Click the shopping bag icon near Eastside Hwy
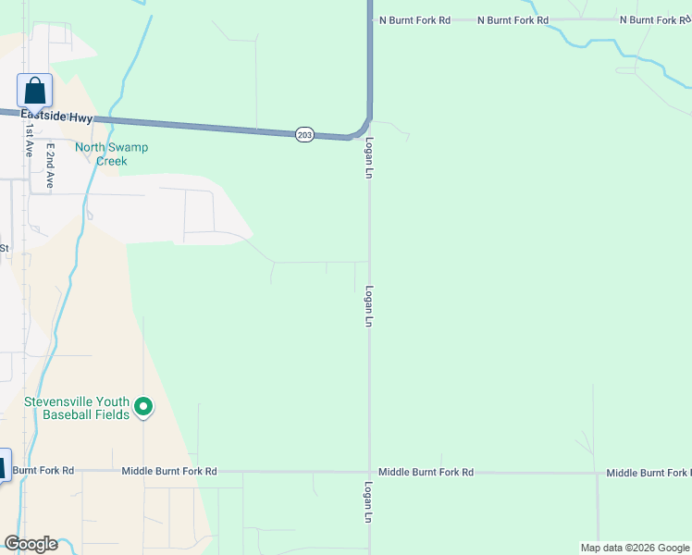coord(34,91)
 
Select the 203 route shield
coord(305,135)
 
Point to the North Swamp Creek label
coord(112,154)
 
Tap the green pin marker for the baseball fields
coord(143,406)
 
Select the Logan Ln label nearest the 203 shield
coord(369,159)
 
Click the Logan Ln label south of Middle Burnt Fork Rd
coord(368,503)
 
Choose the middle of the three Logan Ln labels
coord(368,306)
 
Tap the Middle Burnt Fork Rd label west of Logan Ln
coord(169,472)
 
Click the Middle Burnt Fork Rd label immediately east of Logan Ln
coord(426,472)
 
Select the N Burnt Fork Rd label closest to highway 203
coord(412,19)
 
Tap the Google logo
coord(31,544)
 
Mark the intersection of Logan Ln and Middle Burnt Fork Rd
coord(370,472)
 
